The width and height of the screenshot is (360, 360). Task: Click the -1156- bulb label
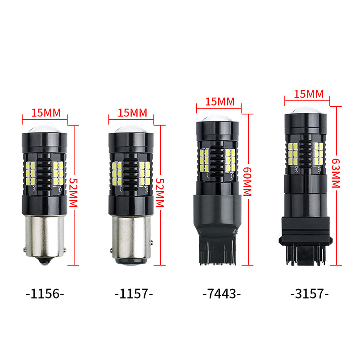[x=45, y=294]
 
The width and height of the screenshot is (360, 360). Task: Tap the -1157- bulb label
[x=134, y=294]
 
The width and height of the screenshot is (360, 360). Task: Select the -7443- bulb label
[x=221, y=294]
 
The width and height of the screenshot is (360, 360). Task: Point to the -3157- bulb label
[x=310, y=294]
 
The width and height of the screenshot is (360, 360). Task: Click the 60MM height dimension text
[x=247, y=182]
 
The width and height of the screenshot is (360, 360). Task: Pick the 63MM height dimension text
[x=335, y=173]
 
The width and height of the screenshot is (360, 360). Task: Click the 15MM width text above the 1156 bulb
[x=46, y=113]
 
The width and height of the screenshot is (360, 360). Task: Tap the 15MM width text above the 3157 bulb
[x=309, y=94]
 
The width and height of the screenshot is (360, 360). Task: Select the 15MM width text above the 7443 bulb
[x=220, y=102]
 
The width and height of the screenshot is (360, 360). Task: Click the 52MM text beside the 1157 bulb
[x=160, y=193]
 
